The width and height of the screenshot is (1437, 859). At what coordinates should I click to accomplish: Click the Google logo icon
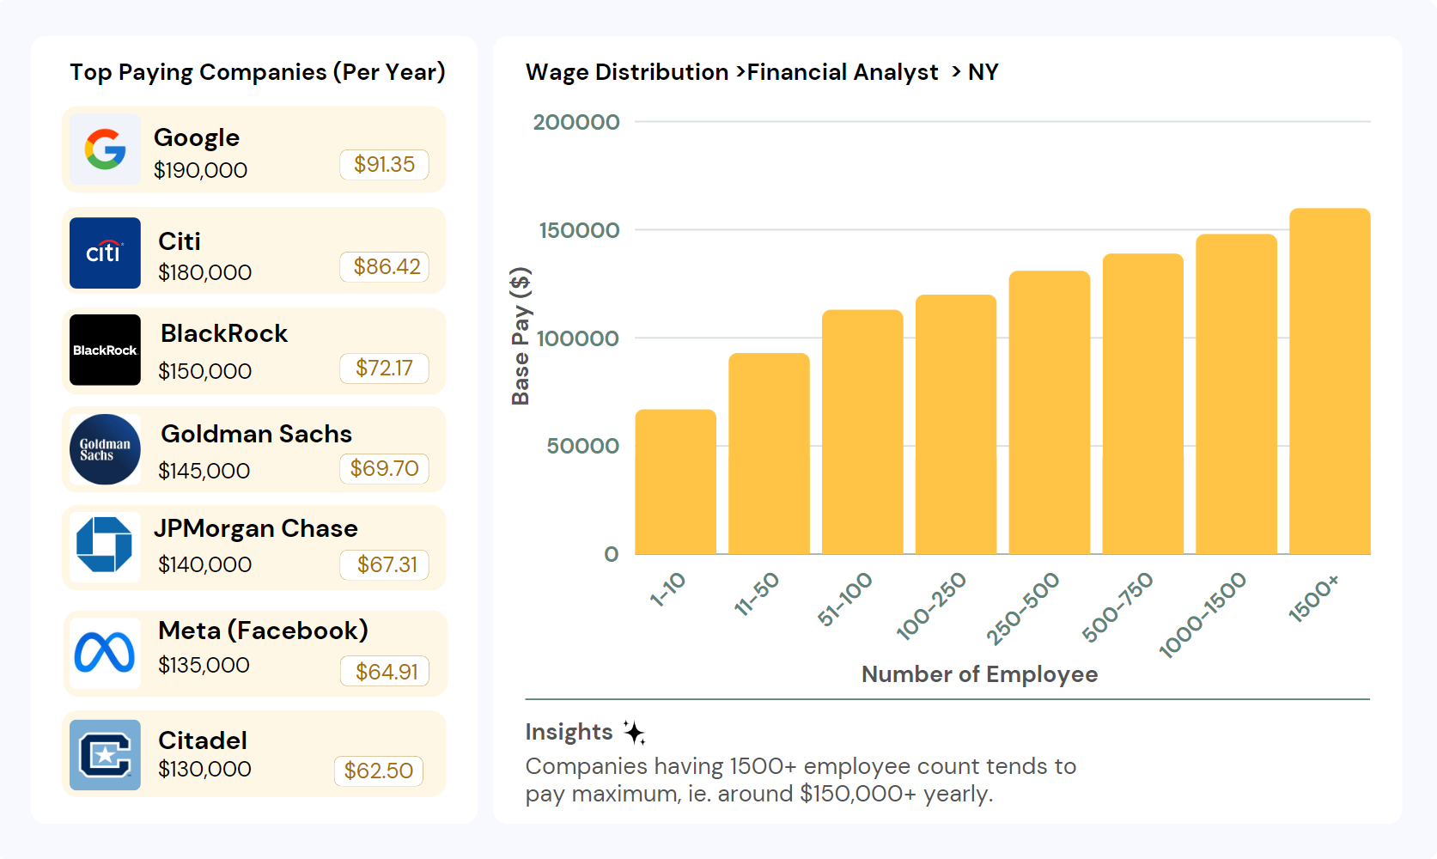[105, 149]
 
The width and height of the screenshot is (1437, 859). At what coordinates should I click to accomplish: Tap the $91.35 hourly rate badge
[384, 164]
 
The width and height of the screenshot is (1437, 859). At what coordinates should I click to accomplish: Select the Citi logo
[105, 253]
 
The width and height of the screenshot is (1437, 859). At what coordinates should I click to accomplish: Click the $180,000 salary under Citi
[204, 272]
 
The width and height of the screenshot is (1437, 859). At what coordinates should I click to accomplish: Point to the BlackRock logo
[105, 350]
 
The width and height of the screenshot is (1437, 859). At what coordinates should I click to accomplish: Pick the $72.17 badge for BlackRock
[384, 368]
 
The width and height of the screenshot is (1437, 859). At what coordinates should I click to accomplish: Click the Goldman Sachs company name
[256, 434]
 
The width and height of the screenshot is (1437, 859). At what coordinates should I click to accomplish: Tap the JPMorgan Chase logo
[105, 545]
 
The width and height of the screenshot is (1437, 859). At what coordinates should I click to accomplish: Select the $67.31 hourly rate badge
[387, 564]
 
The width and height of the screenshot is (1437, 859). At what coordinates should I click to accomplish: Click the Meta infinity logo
[105, 653]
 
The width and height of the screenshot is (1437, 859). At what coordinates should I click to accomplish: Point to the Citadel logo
[105, 755]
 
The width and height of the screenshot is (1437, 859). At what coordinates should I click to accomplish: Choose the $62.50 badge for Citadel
[378, 771]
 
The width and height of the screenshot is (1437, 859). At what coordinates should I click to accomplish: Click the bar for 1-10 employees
[675, 482]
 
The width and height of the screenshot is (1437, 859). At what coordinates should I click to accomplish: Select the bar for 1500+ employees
[1329, 381]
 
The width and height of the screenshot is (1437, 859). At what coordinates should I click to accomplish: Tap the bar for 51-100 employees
[862, 432]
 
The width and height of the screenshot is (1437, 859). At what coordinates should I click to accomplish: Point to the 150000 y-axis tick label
[579, 230]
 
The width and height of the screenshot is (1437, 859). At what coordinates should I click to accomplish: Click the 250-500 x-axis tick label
[1023, 608]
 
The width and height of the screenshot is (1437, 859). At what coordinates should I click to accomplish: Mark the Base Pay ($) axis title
[521, 336]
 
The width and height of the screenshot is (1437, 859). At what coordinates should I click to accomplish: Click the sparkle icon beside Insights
[634, 732]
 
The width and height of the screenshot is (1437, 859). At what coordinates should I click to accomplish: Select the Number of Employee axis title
[979, 674]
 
